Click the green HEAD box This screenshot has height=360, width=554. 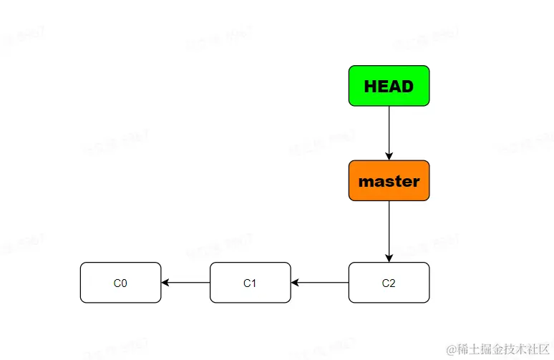tap(389, 86)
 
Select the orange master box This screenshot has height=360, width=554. tap(389, 180)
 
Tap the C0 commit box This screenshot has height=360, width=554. tap(120, 283)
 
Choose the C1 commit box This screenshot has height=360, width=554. tap(250, 283)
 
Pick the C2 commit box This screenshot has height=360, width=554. tap(389, 283)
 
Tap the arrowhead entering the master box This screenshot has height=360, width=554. tap(389, 156)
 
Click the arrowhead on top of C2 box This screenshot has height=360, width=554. tap(389, 258)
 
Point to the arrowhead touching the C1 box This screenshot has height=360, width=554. tap(295, 283)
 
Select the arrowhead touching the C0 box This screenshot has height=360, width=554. tap(165, 283)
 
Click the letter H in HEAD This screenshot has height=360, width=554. tap(370, 87)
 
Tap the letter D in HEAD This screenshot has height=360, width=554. tap(407, 87)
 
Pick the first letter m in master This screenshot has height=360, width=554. tap(364, 182)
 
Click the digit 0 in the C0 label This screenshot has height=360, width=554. tap(124, 283)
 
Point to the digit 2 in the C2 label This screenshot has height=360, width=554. tap(392, 283)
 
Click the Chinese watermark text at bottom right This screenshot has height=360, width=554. tap(502, 349)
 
